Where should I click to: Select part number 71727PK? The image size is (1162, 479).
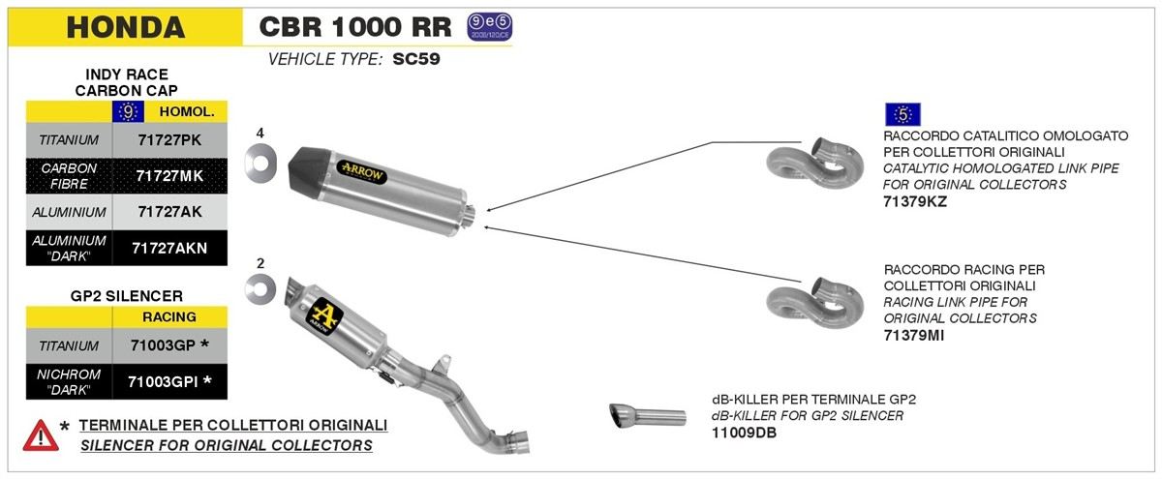coord(168,140)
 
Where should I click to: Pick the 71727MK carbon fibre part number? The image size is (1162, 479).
coord(168,175)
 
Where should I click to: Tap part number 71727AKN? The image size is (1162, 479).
coord(168,247)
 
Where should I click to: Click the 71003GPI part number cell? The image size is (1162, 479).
coord(169,381)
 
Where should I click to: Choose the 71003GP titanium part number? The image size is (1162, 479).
coord(169,344)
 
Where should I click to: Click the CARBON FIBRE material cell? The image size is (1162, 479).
coord(69,175)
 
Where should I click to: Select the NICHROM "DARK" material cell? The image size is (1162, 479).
coord(69,381)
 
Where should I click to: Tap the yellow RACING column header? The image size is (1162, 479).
coord(169,316)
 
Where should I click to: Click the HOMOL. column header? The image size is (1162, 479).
coord(186,112)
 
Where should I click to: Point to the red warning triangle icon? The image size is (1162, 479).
coord(40,435)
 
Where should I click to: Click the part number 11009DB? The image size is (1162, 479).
coord(744,433)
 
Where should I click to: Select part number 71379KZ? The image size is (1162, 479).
coord(915,202)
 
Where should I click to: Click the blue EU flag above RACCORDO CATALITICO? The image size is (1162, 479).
coord(902,114)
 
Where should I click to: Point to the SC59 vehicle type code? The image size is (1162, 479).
coord(417,58)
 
